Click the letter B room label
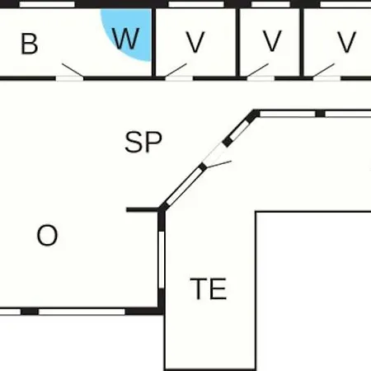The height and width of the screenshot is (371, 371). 29,44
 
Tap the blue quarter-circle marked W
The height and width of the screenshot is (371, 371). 129,31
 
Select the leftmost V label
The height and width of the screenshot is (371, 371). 195,42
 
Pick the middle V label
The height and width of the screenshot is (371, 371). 272,41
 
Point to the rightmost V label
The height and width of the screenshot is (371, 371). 346,42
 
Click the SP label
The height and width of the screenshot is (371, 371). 143,142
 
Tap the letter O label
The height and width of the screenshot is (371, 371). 47,235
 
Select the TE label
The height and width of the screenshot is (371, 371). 209,289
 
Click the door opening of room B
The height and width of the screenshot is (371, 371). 70,78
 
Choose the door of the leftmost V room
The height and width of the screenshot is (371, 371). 179,78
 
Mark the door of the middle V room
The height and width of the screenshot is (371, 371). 261,78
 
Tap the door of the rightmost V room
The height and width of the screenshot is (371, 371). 326,78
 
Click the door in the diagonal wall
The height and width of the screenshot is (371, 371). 214,154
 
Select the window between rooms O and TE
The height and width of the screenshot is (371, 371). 162,260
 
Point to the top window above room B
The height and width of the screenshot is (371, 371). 47,4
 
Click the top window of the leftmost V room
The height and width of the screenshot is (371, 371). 196,4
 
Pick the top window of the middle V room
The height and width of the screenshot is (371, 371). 270,4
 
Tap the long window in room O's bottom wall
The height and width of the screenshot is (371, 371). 82,312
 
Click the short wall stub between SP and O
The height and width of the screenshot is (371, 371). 142,210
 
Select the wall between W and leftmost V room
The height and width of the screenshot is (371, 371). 153,43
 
